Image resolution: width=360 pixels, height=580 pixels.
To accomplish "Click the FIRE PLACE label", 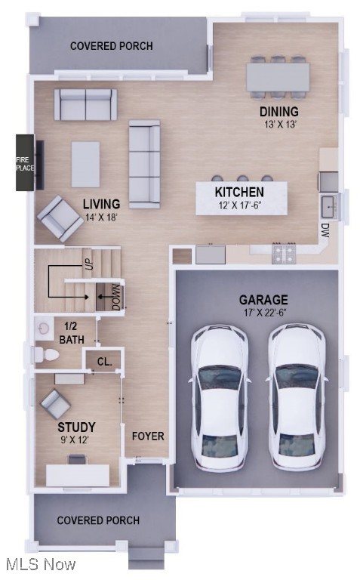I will tap(25, 163).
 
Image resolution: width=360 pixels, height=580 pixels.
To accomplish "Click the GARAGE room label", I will tap(263, 300).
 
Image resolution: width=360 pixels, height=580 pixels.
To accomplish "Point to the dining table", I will tap(278, 76).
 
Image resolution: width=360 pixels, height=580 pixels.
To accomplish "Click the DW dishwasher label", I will tap(325, 229).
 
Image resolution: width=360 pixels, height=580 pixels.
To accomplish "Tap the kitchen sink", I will tap(328, 205).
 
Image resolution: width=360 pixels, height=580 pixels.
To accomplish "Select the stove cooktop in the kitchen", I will tap(284, 253).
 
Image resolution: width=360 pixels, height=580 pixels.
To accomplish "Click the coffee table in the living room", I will tap(85, 164).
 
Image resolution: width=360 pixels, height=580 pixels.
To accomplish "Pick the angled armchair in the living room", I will tap(60, 217).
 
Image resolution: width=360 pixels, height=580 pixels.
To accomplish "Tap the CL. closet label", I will tap(104, 362).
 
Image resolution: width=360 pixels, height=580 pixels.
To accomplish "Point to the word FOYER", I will tap(148, 436).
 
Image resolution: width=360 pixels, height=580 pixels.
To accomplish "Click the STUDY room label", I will tap(76, 427).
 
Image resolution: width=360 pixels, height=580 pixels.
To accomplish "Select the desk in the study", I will tap(78, 474).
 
